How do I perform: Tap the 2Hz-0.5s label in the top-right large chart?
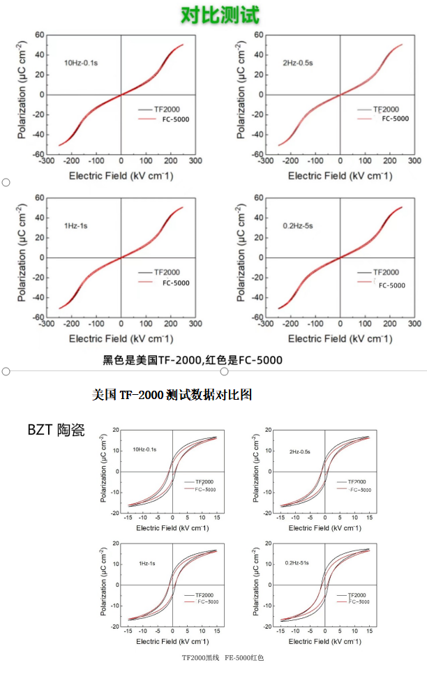pos(298,63)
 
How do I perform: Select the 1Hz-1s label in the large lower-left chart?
pos(75,226)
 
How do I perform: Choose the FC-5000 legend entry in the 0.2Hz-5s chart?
pos(391,285)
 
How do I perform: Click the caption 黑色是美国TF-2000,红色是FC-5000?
pos(193,361)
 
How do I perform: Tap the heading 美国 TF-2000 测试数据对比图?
pos(172,395)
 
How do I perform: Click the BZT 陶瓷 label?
pos(56,430)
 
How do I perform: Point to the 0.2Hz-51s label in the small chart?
pos(299,562)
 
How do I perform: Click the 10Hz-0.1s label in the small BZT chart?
pos(144,450)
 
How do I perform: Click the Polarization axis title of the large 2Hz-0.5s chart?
pos(241,93)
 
